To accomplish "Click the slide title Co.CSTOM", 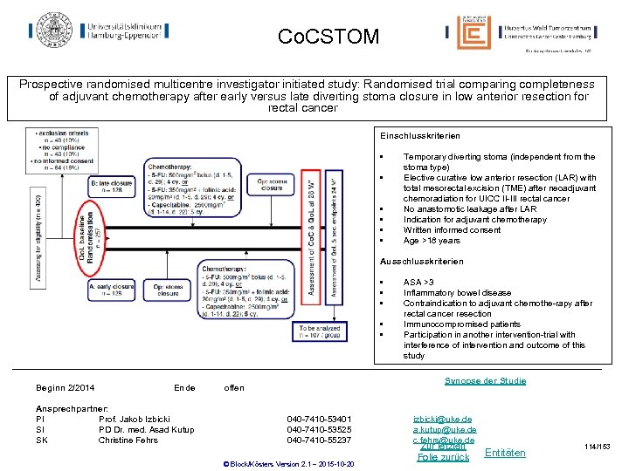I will (x=328, y=37).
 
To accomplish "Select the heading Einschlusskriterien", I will (x=421, y=135).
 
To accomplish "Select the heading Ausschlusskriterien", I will (x=421, y=262).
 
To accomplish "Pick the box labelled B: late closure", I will (x=112, y=188).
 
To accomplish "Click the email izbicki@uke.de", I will (x=442, y=420).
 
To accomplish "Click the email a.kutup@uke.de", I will (x=445, y=430).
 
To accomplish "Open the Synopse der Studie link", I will (x=485, y=381).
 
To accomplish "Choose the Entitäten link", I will (x=505, y=453).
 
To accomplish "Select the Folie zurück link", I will (x=443, y=457).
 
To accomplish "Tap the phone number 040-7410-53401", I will (x=319, y=420).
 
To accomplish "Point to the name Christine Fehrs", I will (x=129, y=440).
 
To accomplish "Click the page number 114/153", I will (x=600, y=447).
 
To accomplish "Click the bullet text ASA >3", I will (x=418, y=283).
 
